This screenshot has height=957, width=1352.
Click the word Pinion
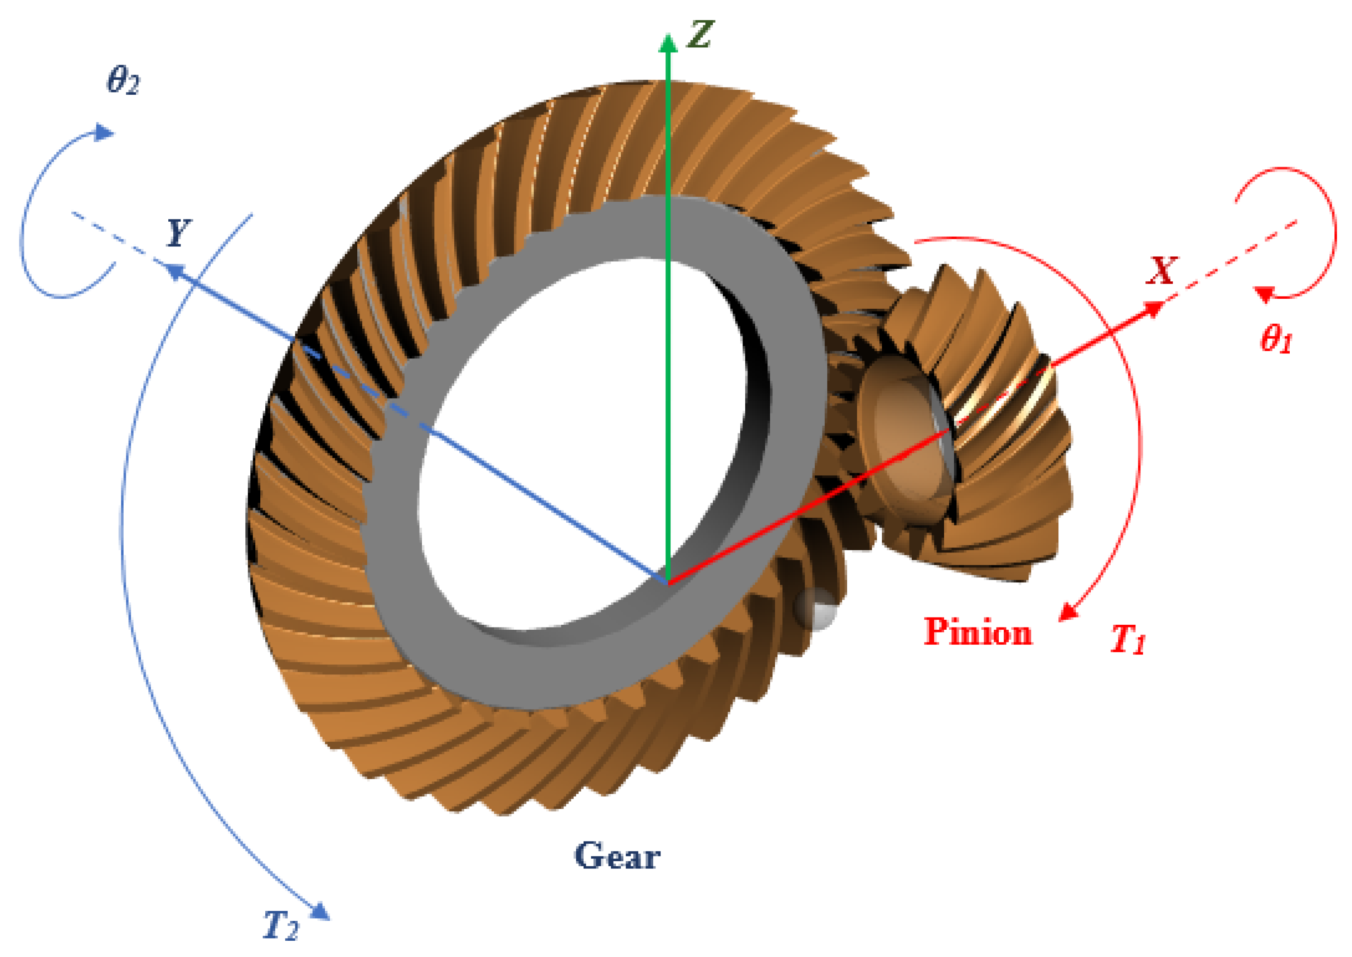tap(978, 632)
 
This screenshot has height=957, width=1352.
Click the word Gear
tap(617, 855)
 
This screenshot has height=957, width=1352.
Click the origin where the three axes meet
tap(668, 583)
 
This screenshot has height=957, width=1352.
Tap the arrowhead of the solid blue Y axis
tap(172, 271)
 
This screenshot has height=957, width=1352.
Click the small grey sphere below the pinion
tap(816, 609)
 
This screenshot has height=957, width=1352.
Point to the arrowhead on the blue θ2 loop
tap(105, 133)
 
